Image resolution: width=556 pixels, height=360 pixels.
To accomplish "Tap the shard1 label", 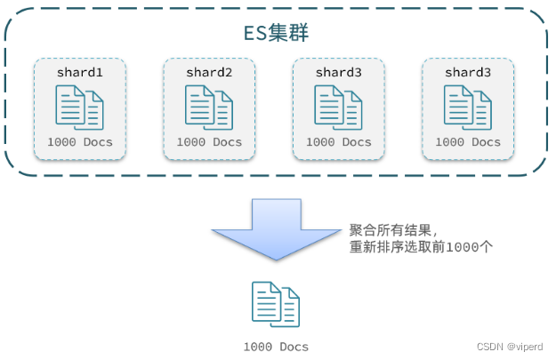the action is coord(80,71).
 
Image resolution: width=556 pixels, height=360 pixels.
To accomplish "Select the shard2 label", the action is coord(209,71).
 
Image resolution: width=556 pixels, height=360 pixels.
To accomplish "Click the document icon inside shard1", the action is coord(80,107).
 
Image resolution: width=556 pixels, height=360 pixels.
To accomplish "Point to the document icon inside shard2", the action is coord(209,107).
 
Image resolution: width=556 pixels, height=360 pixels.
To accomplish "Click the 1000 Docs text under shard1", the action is coord(80,142).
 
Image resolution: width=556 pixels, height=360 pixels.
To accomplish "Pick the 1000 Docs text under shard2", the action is coord(209,142).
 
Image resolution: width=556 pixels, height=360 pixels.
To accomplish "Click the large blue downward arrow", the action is coord(276,228).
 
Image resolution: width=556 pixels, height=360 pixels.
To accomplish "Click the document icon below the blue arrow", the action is coord(276,304).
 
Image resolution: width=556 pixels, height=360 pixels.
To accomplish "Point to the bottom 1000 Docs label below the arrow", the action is coord(276,346).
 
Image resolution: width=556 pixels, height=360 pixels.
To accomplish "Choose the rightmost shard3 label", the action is coord(468,71).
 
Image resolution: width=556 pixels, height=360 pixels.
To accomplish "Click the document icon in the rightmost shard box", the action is coord(468,107).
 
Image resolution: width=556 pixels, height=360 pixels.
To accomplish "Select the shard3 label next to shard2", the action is coord(339,71).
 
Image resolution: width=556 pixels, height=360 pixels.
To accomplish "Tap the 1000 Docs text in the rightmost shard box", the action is coord(468,142).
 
